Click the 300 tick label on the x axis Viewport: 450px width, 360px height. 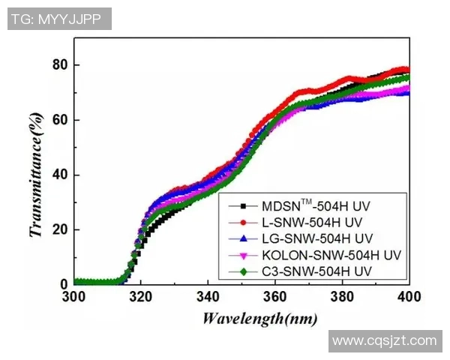(x=73, y=298)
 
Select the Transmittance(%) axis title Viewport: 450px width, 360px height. (x=34, y=175)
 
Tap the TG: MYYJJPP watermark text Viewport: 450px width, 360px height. (x=59, y=19)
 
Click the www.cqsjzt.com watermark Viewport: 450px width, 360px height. (x=385, y=341)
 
